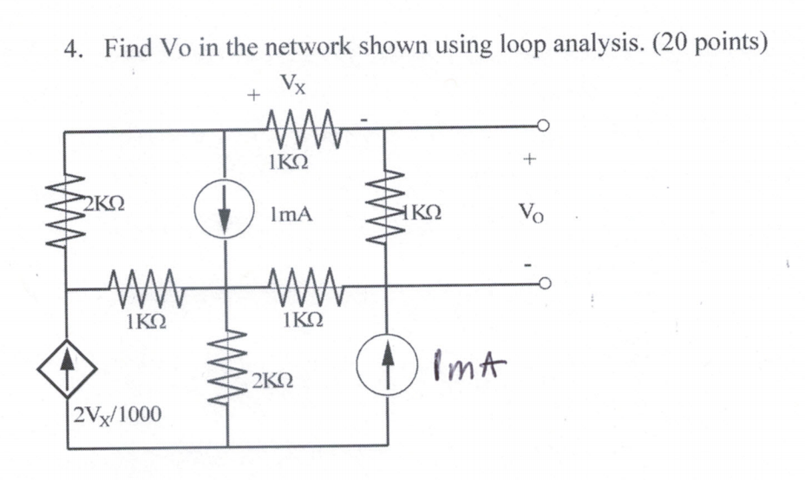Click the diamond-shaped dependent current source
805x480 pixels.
[x=67, y=370]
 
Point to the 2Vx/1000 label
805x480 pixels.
[x=115, y=413]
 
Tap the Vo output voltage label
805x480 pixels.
[x=531, y=211]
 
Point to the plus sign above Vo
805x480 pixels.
[x=531, y=161]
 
